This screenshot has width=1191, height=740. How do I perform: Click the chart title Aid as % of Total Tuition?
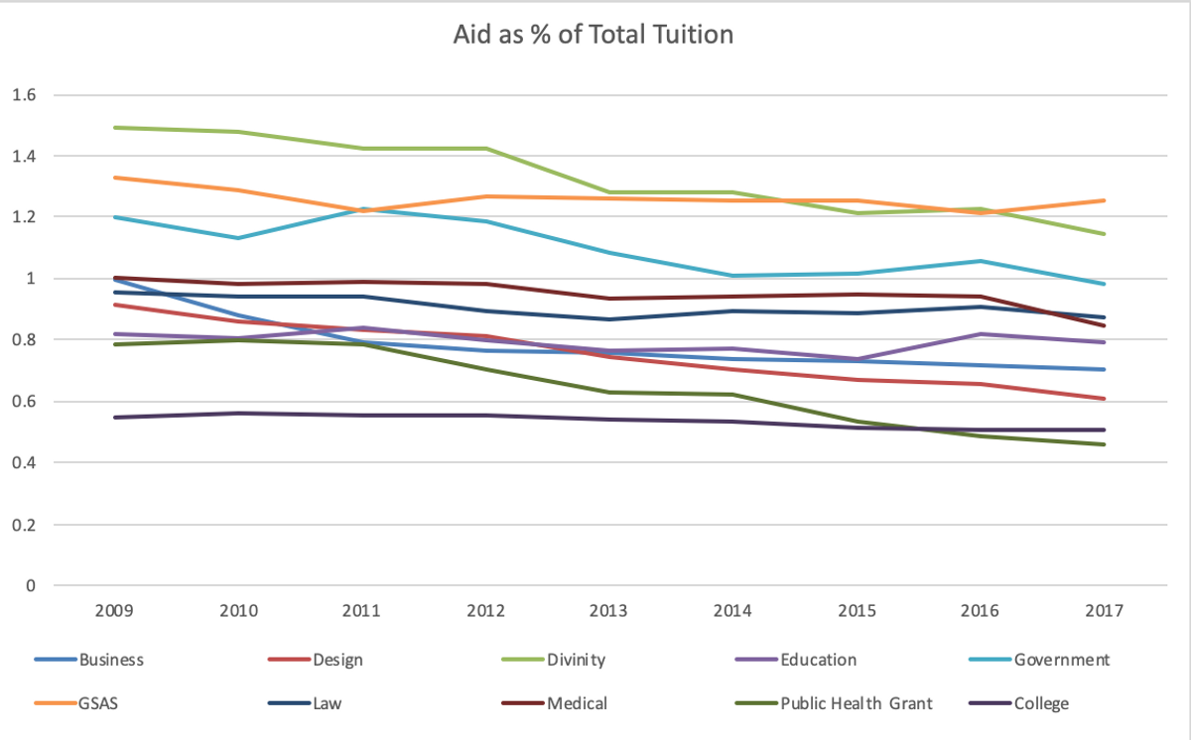pyautogui.click(x=594, y=35)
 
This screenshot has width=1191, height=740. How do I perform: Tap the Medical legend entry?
pyautogui.click(x=577, y=704)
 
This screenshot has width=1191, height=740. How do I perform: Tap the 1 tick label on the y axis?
pyautogui.click(x=31, y=279)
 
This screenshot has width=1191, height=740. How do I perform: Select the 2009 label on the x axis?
pyautogui.click(x=114, y=610)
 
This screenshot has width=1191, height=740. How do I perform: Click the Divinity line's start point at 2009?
pyautogui.click(x=114, y=127)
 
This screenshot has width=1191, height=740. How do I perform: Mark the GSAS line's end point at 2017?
pyautogui.click(x=1105, y=200)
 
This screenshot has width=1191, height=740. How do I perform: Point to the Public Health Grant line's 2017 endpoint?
pyautogui.click(x=1105, y=444)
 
